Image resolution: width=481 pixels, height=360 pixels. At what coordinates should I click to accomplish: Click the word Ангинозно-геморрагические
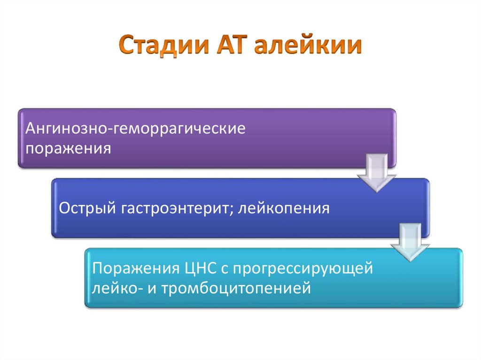click(x=136, y=129)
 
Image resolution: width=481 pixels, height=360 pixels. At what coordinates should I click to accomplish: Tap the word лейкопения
click(x=284, y=207)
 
